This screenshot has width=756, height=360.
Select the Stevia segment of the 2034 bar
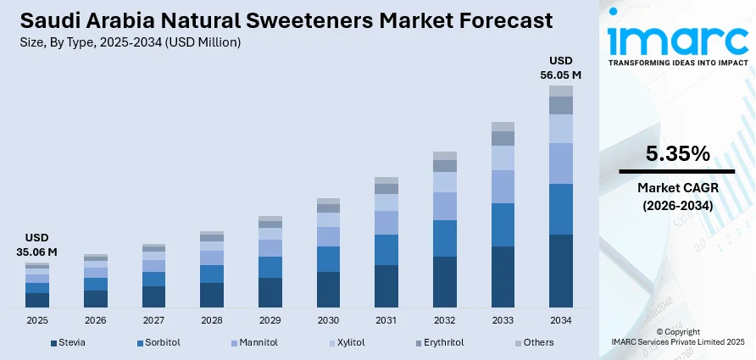560,270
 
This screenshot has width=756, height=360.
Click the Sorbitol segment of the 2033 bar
503,224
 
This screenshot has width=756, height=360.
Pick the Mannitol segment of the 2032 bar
445,206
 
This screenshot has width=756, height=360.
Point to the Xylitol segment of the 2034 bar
560,129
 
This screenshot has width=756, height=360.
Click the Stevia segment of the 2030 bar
328,289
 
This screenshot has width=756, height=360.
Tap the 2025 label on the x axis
37,321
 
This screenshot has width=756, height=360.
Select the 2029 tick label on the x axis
270,321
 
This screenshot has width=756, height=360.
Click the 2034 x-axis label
560,321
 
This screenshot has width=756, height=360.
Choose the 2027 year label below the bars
153,321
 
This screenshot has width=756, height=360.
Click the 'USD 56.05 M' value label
560,68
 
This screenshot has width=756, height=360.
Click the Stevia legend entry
68,343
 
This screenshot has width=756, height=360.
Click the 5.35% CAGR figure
677,153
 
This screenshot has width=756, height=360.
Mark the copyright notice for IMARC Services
677,336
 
